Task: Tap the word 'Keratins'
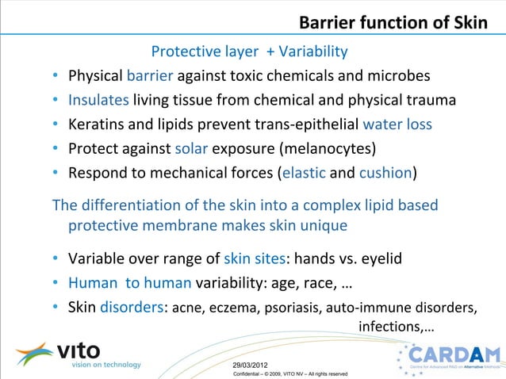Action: [x=98, y=124]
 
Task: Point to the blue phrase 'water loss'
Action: [x=397, y=124]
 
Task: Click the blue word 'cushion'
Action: [x=386, y=173]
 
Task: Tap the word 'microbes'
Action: [x=401, y=77]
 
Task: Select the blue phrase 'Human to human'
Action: [x=129, y=282]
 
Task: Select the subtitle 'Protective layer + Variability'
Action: [x=249, y=52]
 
